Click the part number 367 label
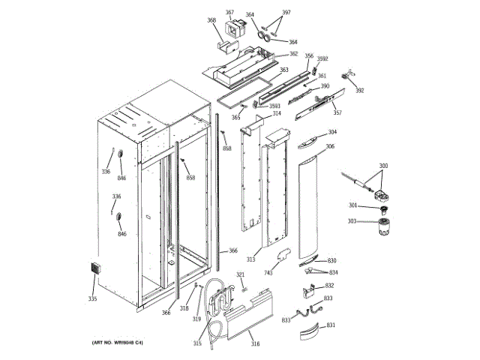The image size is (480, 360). point(229,13)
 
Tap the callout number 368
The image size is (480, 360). point(211,20)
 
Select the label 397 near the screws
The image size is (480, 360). point(286,13)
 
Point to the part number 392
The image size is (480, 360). point(359,91)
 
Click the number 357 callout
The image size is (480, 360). point(337,113)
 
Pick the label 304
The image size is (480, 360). point(331,132)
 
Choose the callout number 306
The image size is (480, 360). point(330,147)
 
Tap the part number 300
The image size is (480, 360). point(383,166)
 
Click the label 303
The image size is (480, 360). point(352,221)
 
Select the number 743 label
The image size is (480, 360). point(268,272)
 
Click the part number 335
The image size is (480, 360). point(92,299)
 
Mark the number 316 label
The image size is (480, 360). point(255,344)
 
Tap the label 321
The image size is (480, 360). point(241,275)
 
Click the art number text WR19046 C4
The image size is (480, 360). point(118,343)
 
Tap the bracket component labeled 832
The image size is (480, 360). point(310,287)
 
